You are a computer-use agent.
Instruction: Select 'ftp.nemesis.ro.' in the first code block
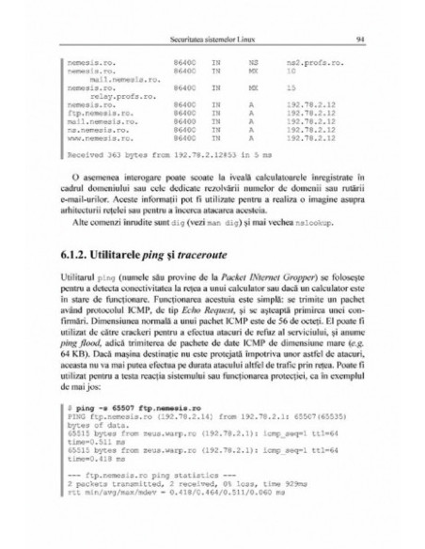click(x=97, y=112)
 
